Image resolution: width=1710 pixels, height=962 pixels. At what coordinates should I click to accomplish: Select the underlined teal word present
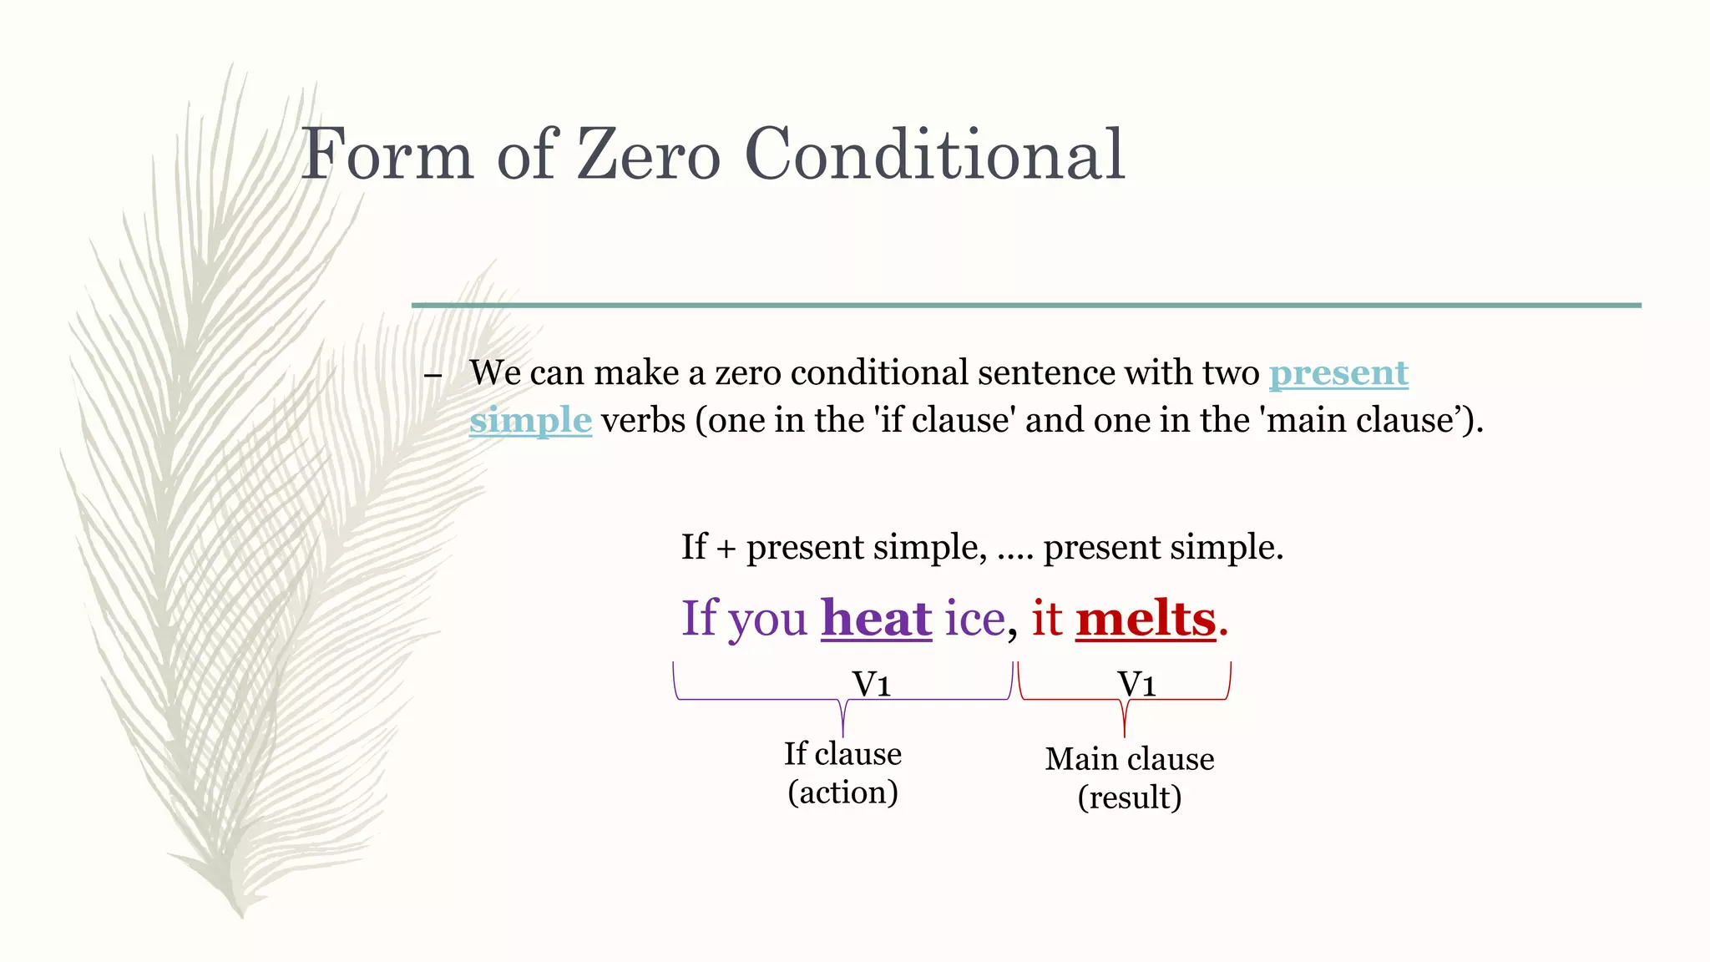click(1338, 372)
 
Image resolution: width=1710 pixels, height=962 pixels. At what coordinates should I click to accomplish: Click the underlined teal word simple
click(530, 420)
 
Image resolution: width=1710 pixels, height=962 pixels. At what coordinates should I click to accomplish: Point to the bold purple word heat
click(876, 619)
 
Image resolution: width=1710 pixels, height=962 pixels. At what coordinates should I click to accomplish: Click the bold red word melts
click(1146, 619)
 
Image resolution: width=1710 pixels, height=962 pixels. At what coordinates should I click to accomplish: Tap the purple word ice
click(974, 619)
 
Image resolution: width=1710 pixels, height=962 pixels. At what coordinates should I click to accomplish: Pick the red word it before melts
click(1047, 619)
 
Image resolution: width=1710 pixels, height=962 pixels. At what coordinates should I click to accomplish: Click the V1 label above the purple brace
click(871, 685)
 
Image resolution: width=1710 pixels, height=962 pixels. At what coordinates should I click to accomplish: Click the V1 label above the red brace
click(1136, 685)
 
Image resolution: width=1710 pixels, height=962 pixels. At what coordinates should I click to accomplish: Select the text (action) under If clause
click(842, 792)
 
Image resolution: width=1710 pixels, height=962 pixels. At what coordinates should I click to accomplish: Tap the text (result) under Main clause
click(1129, 797)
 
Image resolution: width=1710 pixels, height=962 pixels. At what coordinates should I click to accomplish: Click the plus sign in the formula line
click(726, 549)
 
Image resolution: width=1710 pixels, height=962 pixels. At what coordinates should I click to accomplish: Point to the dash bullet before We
click(433, 375)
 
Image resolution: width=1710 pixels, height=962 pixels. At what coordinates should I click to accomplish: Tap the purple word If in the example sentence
click(698, 619)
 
